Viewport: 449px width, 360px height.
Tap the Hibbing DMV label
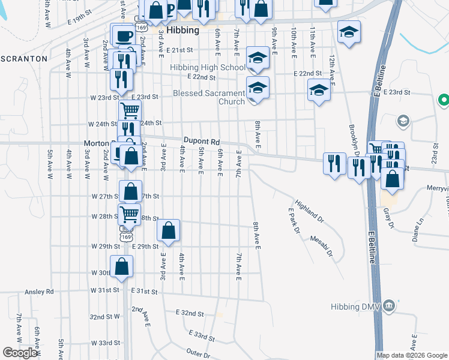[x=357, y=307]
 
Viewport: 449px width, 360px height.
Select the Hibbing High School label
[x=208, y=68]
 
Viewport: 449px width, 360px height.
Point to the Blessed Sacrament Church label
[x=209, y=97]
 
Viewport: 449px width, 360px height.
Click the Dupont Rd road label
[x=199, y=140]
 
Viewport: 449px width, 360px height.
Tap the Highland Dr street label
[x=309, y=211]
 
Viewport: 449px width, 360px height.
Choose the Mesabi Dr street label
[x=321, y=245]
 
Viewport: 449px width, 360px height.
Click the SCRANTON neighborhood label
[x=24, y=59]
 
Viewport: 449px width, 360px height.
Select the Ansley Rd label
[x=39, y=292]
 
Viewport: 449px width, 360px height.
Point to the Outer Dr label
[x=199, y=353]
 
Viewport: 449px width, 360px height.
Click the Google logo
[x=20, y=353]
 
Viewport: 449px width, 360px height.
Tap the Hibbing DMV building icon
[x=390, y=306]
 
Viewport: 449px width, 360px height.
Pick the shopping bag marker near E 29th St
[x=169, y=230]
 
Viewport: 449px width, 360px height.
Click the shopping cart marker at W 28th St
[x=130, y=214]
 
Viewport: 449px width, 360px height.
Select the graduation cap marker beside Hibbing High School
[x=258, y=58]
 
